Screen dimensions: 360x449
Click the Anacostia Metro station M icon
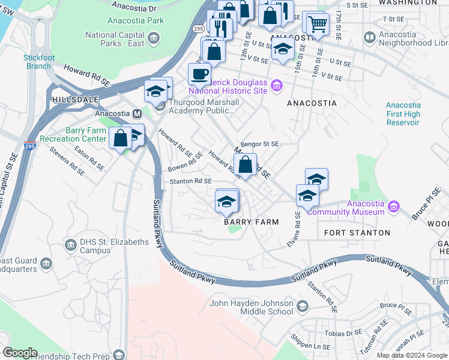coord(137,113)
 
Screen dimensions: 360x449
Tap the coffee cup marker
coord(199,74)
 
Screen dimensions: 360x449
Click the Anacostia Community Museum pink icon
coord(394,207)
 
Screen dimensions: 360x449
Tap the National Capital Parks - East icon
coord(154,40)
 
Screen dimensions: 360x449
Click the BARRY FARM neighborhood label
coord(252,222)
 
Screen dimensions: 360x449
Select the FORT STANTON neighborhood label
coord(357,232)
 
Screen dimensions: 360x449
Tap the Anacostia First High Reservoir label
coord(403,114)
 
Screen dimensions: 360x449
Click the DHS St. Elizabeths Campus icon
coord(70,245)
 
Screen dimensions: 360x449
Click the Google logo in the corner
coord(20,353)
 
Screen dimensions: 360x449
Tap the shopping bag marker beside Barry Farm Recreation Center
coord(121,137)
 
